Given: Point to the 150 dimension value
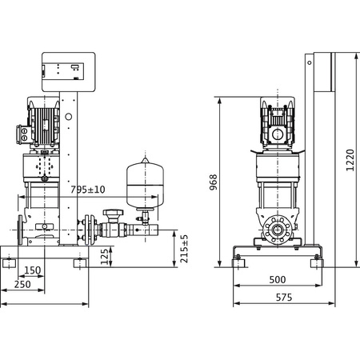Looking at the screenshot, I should pyautogui.click(x=31, y=270).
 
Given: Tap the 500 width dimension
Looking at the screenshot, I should pyautogui.click(x=278, y=280).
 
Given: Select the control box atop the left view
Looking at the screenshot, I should pyautogui.click(x=68, y=70).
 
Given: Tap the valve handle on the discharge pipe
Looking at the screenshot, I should pyautogui.click(x=110, y=214).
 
